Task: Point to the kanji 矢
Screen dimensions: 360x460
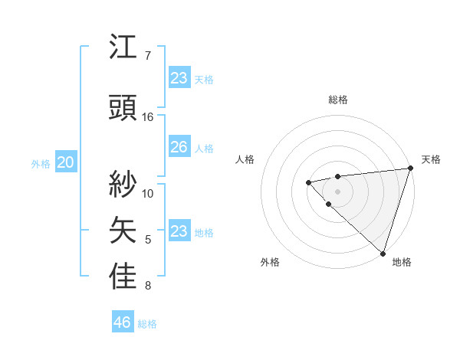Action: point(123,229)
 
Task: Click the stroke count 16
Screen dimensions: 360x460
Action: point(148,117)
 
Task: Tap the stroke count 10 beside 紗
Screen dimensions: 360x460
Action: point(148,192)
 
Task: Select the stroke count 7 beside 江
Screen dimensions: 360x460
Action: point(148,56)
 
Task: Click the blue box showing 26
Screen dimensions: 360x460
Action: point(179,147)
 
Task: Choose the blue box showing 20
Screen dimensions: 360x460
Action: point(65,162)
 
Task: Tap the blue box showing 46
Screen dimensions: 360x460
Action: point(122,322)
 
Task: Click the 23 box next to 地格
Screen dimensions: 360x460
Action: point(179,231)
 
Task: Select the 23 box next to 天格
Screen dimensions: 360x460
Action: point(179,78)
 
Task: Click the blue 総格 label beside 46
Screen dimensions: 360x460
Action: point(147,324)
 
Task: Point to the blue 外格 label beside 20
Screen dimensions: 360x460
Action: point(41,164)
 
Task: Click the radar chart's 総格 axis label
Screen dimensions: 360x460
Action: point(337,100)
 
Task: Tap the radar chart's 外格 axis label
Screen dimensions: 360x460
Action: point(270,262)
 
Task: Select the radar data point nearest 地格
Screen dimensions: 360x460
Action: point(383,253)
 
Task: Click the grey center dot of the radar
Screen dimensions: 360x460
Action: point(337,191)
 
